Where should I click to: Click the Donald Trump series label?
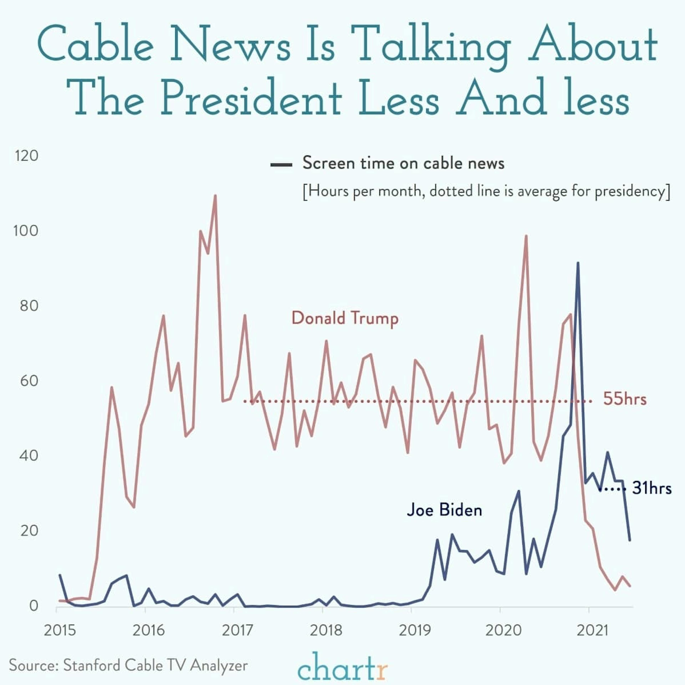345,318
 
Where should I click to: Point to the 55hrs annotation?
625,399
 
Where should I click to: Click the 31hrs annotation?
652,488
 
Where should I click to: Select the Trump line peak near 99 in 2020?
526,236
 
